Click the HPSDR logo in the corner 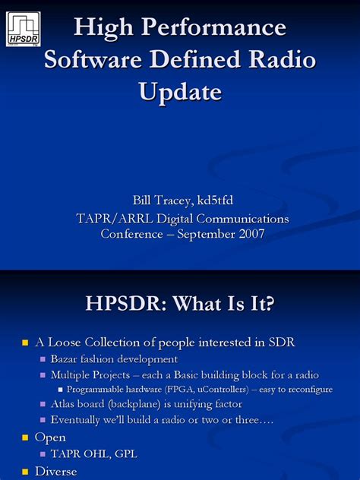pyautogui.click(x=23, y=29)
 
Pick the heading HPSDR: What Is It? pyautogui.click(x=179, y=305)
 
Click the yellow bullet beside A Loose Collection pyautogui.click(x=24, y=343)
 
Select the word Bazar pyautogui.click(x=67, y=359)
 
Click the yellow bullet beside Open pyautogui.click(x=24, y=438)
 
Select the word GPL pyautogui.click(x=122, y=454)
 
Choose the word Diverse pyautogui.click(x=56, y=472)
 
